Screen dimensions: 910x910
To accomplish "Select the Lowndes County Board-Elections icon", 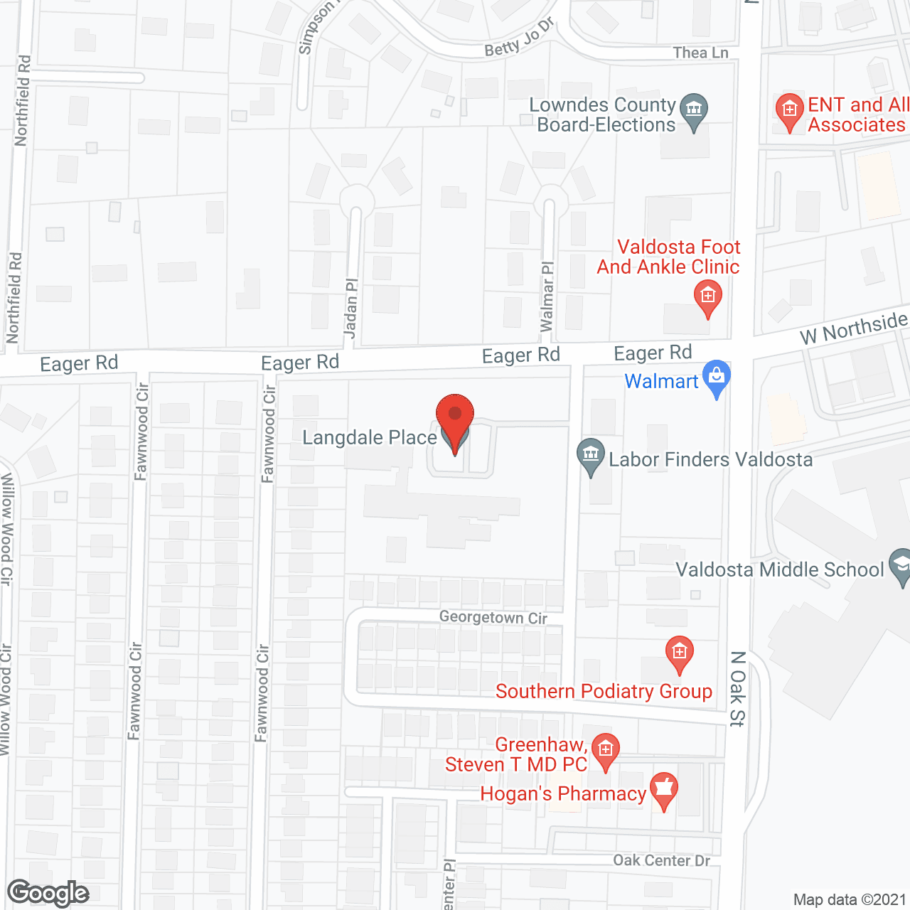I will click(694, 109).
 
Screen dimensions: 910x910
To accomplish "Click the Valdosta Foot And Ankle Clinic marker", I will click(707, 295).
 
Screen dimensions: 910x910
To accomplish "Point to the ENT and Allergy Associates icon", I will click(789, 109).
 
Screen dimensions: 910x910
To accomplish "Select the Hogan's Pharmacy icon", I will click(663, 788).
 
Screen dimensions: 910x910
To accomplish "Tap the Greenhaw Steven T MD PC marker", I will click(605, 749).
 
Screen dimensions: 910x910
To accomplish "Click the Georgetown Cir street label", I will click(493, 617).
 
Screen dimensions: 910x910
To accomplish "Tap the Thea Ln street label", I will click(700, 53).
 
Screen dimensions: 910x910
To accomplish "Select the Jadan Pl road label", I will click(350, 307).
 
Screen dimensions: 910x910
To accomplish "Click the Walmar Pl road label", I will click(547, 296).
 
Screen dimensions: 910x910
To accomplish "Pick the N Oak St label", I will click(737, 688).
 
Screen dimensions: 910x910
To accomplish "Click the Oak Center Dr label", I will click(661, 860).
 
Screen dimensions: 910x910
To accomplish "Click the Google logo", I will click(48, 893).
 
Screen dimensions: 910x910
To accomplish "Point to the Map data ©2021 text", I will click(850, 899).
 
